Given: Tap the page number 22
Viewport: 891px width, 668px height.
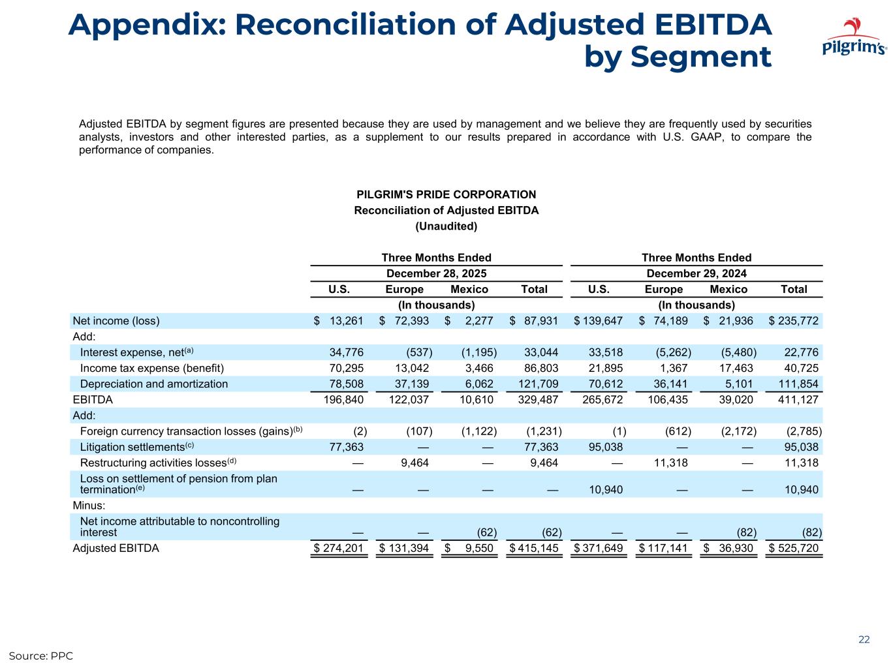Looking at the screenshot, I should click(x=864, y=639).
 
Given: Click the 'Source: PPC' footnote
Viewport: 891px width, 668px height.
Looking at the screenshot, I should click(x=40, y=655).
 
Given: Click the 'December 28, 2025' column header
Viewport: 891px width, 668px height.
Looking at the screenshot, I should click(x=437, y=273).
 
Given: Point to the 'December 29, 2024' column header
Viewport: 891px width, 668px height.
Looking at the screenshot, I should click(x=696, y=273).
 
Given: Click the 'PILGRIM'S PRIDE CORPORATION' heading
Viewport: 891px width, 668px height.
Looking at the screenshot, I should click(x=446, y=194).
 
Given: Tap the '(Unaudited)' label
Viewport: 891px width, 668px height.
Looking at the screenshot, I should click(x=446, y=226).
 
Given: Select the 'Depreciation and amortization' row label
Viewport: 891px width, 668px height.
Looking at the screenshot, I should click(x=153, y=384).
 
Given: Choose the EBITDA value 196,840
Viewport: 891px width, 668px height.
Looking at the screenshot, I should click(x=343, y=399).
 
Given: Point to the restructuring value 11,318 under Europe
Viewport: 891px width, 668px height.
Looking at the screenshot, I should click(x=668, y=463).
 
